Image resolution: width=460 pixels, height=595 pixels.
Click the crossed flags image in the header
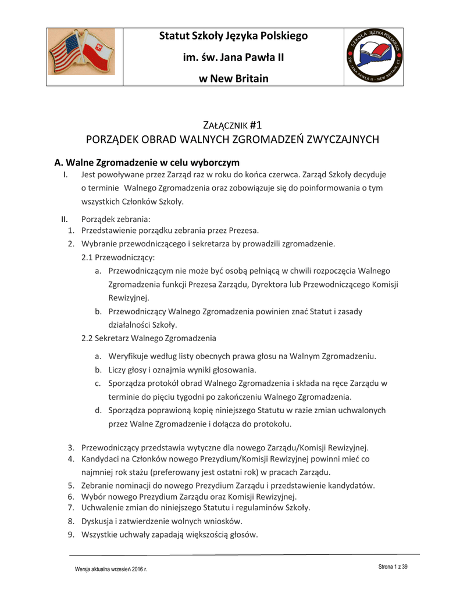click(81, 53)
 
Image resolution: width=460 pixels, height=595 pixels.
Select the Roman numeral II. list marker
click(65, 219)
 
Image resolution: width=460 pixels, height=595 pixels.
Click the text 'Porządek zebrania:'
click(116, 219)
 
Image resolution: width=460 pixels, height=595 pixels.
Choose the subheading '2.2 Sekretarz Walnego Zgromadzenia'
click(149, 338)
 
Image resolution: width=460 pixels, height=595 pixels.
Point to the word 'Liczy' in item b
click(118, 370)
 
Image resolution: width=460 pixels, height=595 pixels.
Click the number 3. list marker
click(70, 447)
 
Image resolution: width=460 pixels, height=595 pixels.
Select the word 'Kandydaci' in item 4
click(99, 459)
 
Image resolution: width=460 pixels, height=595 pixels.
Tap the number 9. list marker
click(70, 535)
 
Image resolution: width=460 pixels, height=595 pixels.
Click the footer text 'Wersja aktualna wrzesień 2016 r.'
click(111, 569)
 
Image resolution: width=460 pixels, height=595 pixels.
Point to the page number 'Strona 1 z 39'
click(393, 567)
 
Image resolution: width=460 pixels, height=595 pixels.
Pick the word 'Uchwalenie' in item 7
click(102, 508)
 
